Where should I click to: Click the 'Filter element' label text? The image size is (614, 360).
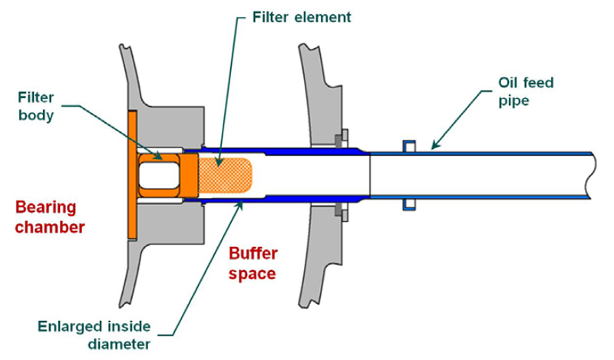[302, 17]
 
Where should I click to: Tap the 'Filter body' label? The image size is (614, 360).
[36, 106]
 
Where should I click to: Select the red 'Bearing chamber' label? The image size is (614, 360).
[50, 217]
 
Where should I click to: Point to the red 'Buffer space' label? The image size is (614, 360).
[253, 263]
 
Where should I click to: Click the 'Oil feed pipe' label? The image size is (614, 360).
[526, 91]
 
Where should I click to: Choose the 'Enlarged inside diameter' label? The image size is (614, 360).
[94, 335]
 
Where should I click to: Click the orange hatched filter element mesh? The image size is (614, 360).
[225, 175]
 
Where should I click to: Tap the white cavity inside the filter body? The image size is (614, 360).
[160, 176]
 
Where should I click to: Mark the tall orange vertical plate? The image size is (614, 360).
[132, 175]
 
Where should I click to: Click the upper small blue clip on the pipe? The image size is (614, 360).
[409, 145]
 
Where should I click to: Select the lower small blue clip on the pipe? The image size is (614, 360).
[409, 205]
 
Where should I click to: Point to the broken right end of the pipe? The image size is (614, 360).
[593, 175]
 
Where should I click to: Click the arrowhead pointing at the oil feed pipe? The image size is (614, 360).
[434, 146]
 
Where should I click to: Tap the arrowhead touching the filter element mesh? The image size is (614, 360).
[220, 161]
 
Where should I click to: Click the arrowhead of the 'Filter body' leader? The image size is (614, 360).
[158, 157]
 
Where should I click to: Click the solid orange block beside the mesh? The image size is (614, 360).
[190, 175]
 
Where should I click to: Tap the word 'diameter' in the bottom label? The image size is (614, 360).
[119, 344]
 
